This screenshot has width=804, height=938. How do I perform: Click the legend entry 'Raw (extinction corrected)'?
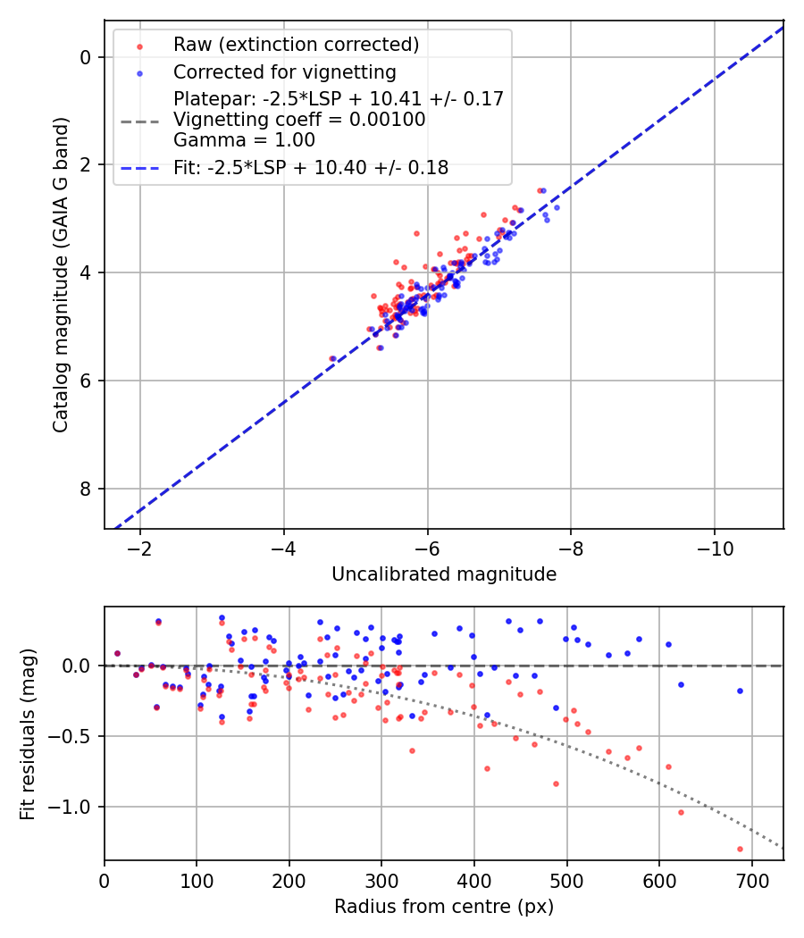click(296, 45)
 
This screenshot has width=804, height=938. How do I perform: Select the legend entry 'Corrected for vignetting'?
click(284, 71)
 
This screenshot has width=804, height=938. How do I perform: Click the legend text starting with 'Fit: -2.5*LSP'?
click(311, 167)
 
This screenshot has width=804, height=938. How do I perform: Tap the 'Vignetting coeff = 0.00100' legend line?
click(299, 119)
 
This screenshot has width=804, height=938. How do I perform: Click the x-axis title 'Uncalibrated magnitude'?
click(444, 574)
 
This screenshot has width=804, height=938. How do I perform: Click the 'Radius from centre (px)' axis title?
click(444, 907)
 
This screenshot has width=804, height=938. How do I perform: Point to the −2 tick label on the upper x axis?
click(140, 548)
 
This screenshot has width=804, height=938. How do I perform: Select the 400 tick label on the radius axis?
click(474, 880)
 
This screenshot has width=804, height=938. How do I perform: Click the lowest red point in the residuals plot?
click(740, 849)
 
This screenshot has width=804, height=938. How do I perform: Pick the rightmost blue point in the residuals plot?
click(740, 691)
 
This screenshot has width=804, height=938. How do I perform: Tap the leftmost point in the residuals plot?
click(117, 653)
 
